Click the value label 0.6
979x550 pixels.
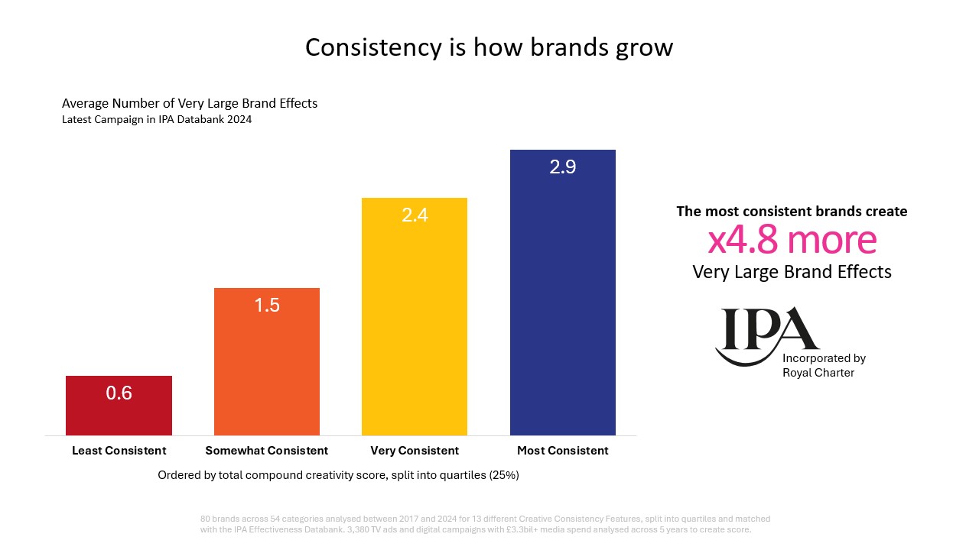pos(119,393)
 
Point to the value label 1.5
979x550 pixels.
pos(267,306)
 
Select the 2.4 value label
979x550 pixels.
pos(415,215)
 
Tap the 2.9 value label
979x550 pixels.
pos(562,167)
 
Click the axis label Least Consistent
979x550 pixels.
pos(119,451)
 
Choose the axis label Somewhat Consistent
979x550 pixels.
pos(267,451)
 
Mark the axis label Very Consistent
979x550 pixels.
pos(415,451)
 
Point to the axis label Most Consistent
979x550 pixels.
pos(562,451)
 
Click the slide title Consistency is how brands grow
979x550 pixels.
pos(489,47)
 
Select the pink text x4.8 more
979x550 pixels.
pos(792,241)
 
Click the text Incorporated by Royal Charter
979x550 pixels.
pos(824,365)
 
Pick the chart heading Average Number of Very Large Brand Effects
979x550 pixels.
pos(189,103)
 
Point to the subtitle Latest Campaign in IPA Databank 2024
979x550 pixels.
pos(157,119)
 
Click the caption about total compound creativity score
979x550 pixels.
pos(338,475)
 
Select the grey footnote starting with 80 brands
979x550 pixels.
pos(485,524)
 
